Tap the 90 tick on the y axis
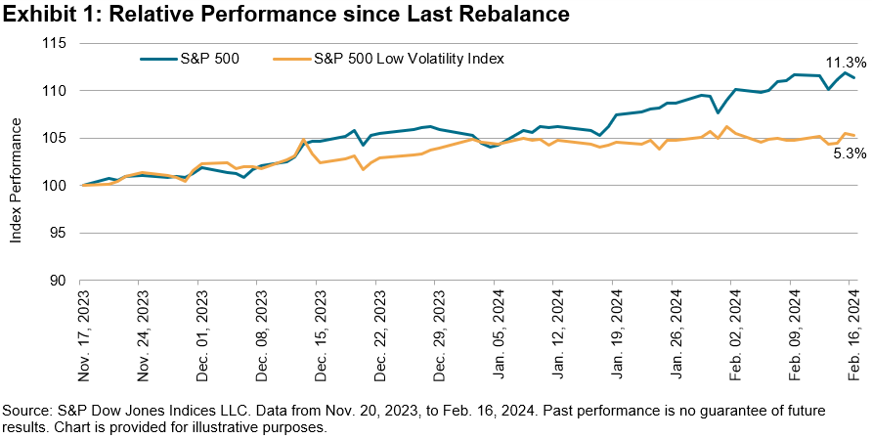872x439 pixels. (x=58, y=280)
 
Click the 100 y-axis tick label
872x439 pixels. (x=54, y=185)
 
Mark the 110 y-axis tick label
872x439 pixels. (x=54, y=90)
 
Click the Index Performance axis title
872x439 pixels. (x=18, y=162)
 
